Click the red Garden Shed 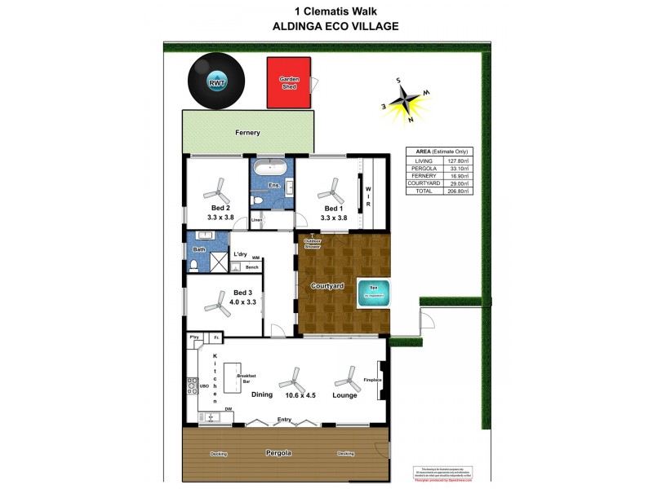coord(289,82)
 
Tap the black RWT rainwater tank coord(216,81)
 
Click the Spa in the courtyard coord(375,293)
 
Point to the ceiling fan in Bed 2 coord(216,193)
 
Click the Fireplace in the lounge coord(380,381)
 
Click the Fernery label coord(247,132)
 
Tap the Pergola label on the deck coord(278,452)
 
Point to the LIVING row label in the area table coord(424,161)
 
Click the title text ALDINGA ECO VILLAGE coord(335,26)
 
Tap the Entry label coord(284,420)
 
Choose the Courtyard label coord(326,286)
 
